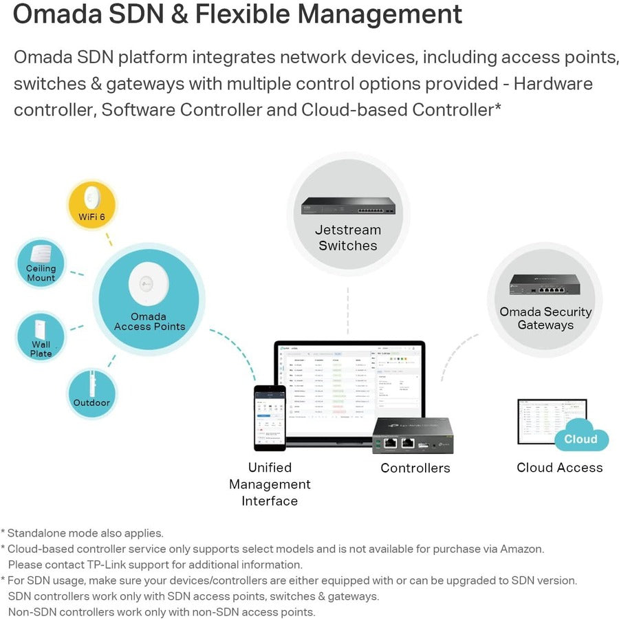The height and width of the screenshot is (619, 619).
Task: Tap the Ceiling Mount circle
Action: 41,263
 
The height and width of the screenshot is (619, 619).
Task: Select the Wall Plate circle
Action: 41,337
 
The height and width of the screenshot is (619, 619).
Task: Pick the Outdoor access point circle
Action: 91,393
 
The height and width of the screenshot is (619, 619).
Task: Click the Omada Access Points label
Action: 149,321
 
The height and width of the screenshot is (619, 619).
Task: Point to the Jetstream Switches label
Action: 348,238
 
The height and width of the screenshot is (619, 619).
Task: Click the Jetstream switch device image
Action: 348,205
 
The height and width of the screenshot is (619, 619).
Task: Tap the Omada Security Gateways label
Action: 545,318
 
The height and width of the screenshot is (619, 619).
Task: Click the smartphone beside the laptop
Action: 270,417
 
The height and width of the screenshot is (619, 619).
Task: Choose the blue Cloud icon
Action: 581,439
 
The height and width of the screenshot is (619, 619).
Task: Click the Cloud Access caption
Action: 559,468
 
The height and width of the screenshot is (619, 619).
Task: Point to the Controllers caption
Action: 415,468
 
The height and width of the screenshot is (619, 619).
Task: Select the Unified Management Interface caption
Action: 270,484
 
